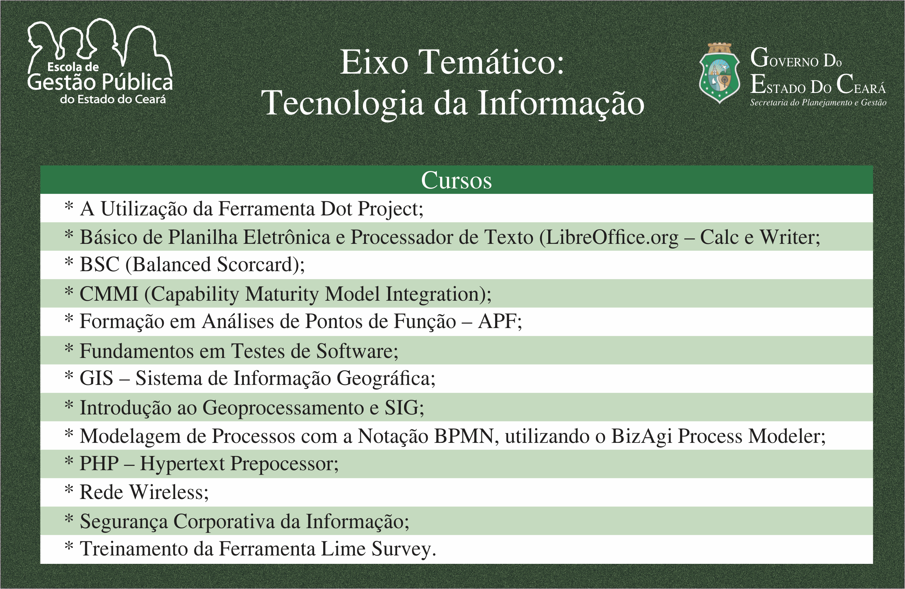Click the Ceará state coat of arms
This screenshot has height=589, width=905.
(x=719, y=73)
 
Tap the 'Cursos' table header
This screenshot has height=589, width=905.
(x=456, y=180)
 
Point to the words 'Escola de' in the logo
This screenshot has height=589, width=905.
(x=73, y=67)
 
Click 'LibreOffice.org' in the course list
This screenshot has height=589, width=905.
(x=608, y=237)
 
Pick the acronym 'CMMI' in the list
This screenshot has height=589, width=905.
(x=109, y=294)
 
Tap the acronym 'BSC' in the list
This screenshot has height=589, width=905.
(x=100, y=265)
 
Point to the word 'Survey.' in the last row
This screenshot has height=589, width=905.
(x=403, y=549)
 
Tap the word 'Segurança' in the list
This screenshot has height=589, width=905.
(x=124, y=522)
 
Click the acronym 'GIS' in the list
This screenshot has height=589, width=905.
(x=96, y=378)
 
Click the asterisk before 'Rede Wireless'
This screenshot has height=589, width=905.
(x=69, y=489)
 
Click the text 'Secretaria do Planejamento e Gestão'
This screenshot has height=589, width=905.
(x=818, y=103)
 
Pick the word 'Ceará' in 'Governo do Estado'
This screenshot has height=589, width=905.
(x=861, y=85)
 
